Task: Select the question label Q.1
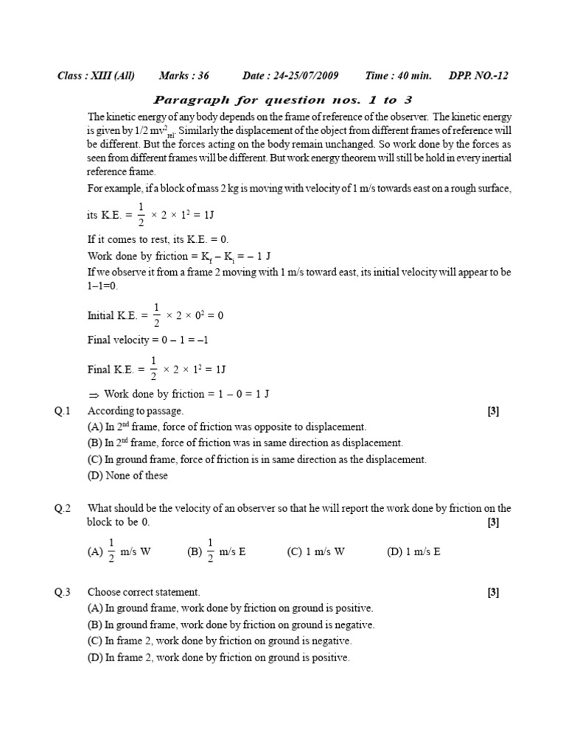click(x=62, y=411)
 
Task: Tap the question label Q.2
click(x=62, y=508)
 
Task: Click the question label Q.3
click(x=62, y=592)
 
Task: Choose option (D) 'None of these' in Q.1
click(x=127, y=476)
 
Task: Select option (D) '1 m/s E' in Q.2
click(x=413, y=552)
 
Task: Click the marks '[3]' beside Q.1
click(x=493, y=412)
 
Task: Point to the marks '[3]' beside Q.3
click(x=493, y=592)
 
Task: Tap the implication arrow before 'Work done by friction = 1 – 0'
click(x=94, y=395)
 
